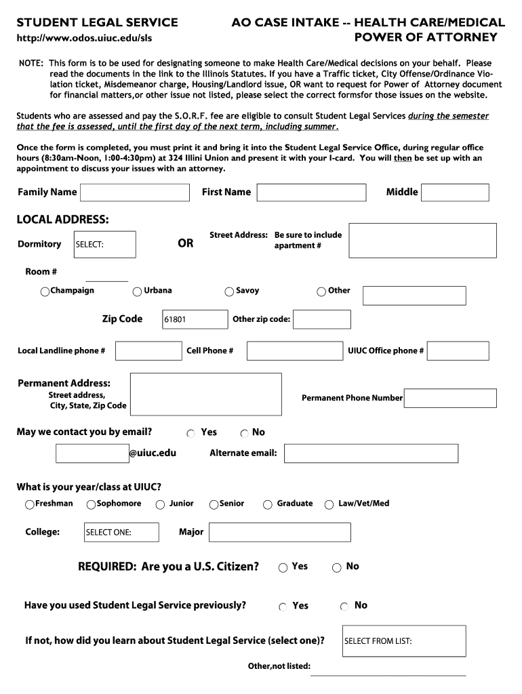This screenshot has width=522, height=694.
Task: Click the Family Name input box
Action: (x=135, y=192)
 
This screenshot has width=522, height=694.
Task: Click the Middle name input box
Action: (x=455, y=192)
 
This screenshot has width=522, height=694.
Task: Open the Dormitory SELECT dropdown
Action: (x=105, y=245)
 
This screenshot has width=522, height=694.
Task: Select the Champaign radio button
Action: (x=45, y=291)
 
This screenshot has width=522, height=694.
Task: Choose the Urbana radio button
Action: (x=138, y=291)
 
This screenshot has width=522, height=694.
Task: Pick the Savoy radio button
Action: (x=229, y=291)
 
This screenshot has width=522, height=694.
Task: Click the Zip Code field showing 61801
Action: (x=195, y=319)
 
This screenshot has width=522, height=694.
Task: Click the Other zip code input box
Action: (x=322, y=319)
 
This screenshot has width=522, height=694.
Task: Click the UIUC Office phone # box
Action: (x=458, y=350)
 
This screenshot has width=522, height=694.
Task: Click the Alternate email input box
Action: (x=371, y=453)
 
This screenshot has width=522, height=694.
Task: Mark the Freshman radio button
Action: (x=29, y=504)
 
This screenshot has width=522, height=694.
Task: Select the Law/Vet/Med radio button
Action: (x=329, y=504)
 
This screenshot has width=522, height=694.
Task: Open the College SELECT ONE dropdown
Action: (x=121, y=532)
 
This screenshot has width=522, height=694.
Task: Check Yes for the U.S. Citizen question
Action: (x=283, y=567)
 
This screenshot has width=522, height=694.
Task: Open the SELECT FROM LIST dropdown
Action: (x=405, y=640)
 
